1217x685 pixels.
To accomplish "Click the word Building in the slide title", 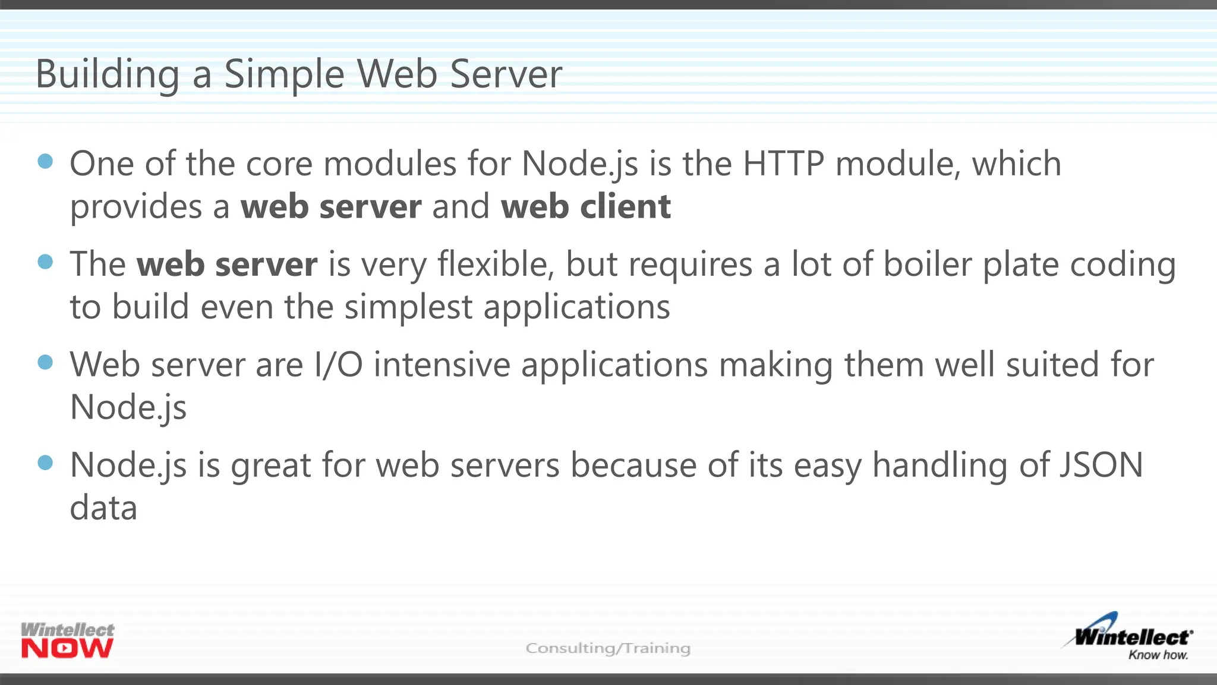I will click(107, 75).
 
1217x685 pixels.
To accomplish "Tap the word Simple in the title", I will click(284, 75).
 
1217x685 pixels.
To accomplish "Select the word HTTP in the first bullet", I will click(783, 164).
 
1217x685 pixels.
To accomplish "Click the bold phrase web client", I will click(585, 207).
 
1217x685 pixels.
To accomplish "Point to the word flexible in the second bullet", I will click(496, 264).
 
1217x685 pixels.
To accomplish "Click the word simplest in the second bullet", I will click(408, 307).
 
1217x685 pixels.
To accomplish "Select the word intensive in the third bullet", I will click(442, 365).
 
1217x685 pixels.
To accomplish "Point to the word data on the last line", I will click(103, 508).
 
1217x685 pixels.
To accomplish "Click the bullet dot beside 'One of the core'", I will click(45, 161).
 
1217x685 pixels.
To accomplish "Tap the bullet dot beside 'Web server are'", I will click(45, 362).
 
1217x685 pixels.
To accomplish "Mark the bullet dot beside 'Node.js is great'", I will click(45, 463).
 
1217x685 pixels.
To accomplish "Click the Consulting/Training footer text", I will click(608, 648).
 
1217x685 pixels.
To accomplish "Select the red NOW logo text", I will click(67, 648).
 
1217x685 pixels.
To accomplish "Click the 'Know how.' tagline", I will click(1158, 655).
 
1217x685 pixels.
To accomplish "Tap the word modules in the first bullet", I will click(390, 164).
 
